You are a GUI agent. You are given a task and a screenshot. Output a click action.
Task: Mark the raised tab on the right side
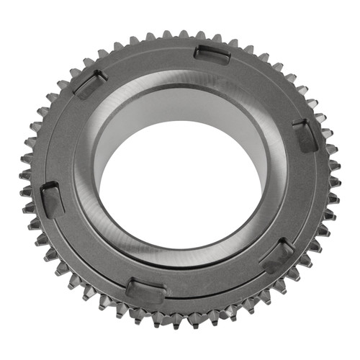306,135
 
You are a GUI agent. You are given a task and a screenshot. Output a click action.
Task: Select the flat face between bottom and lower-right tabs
216,284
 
